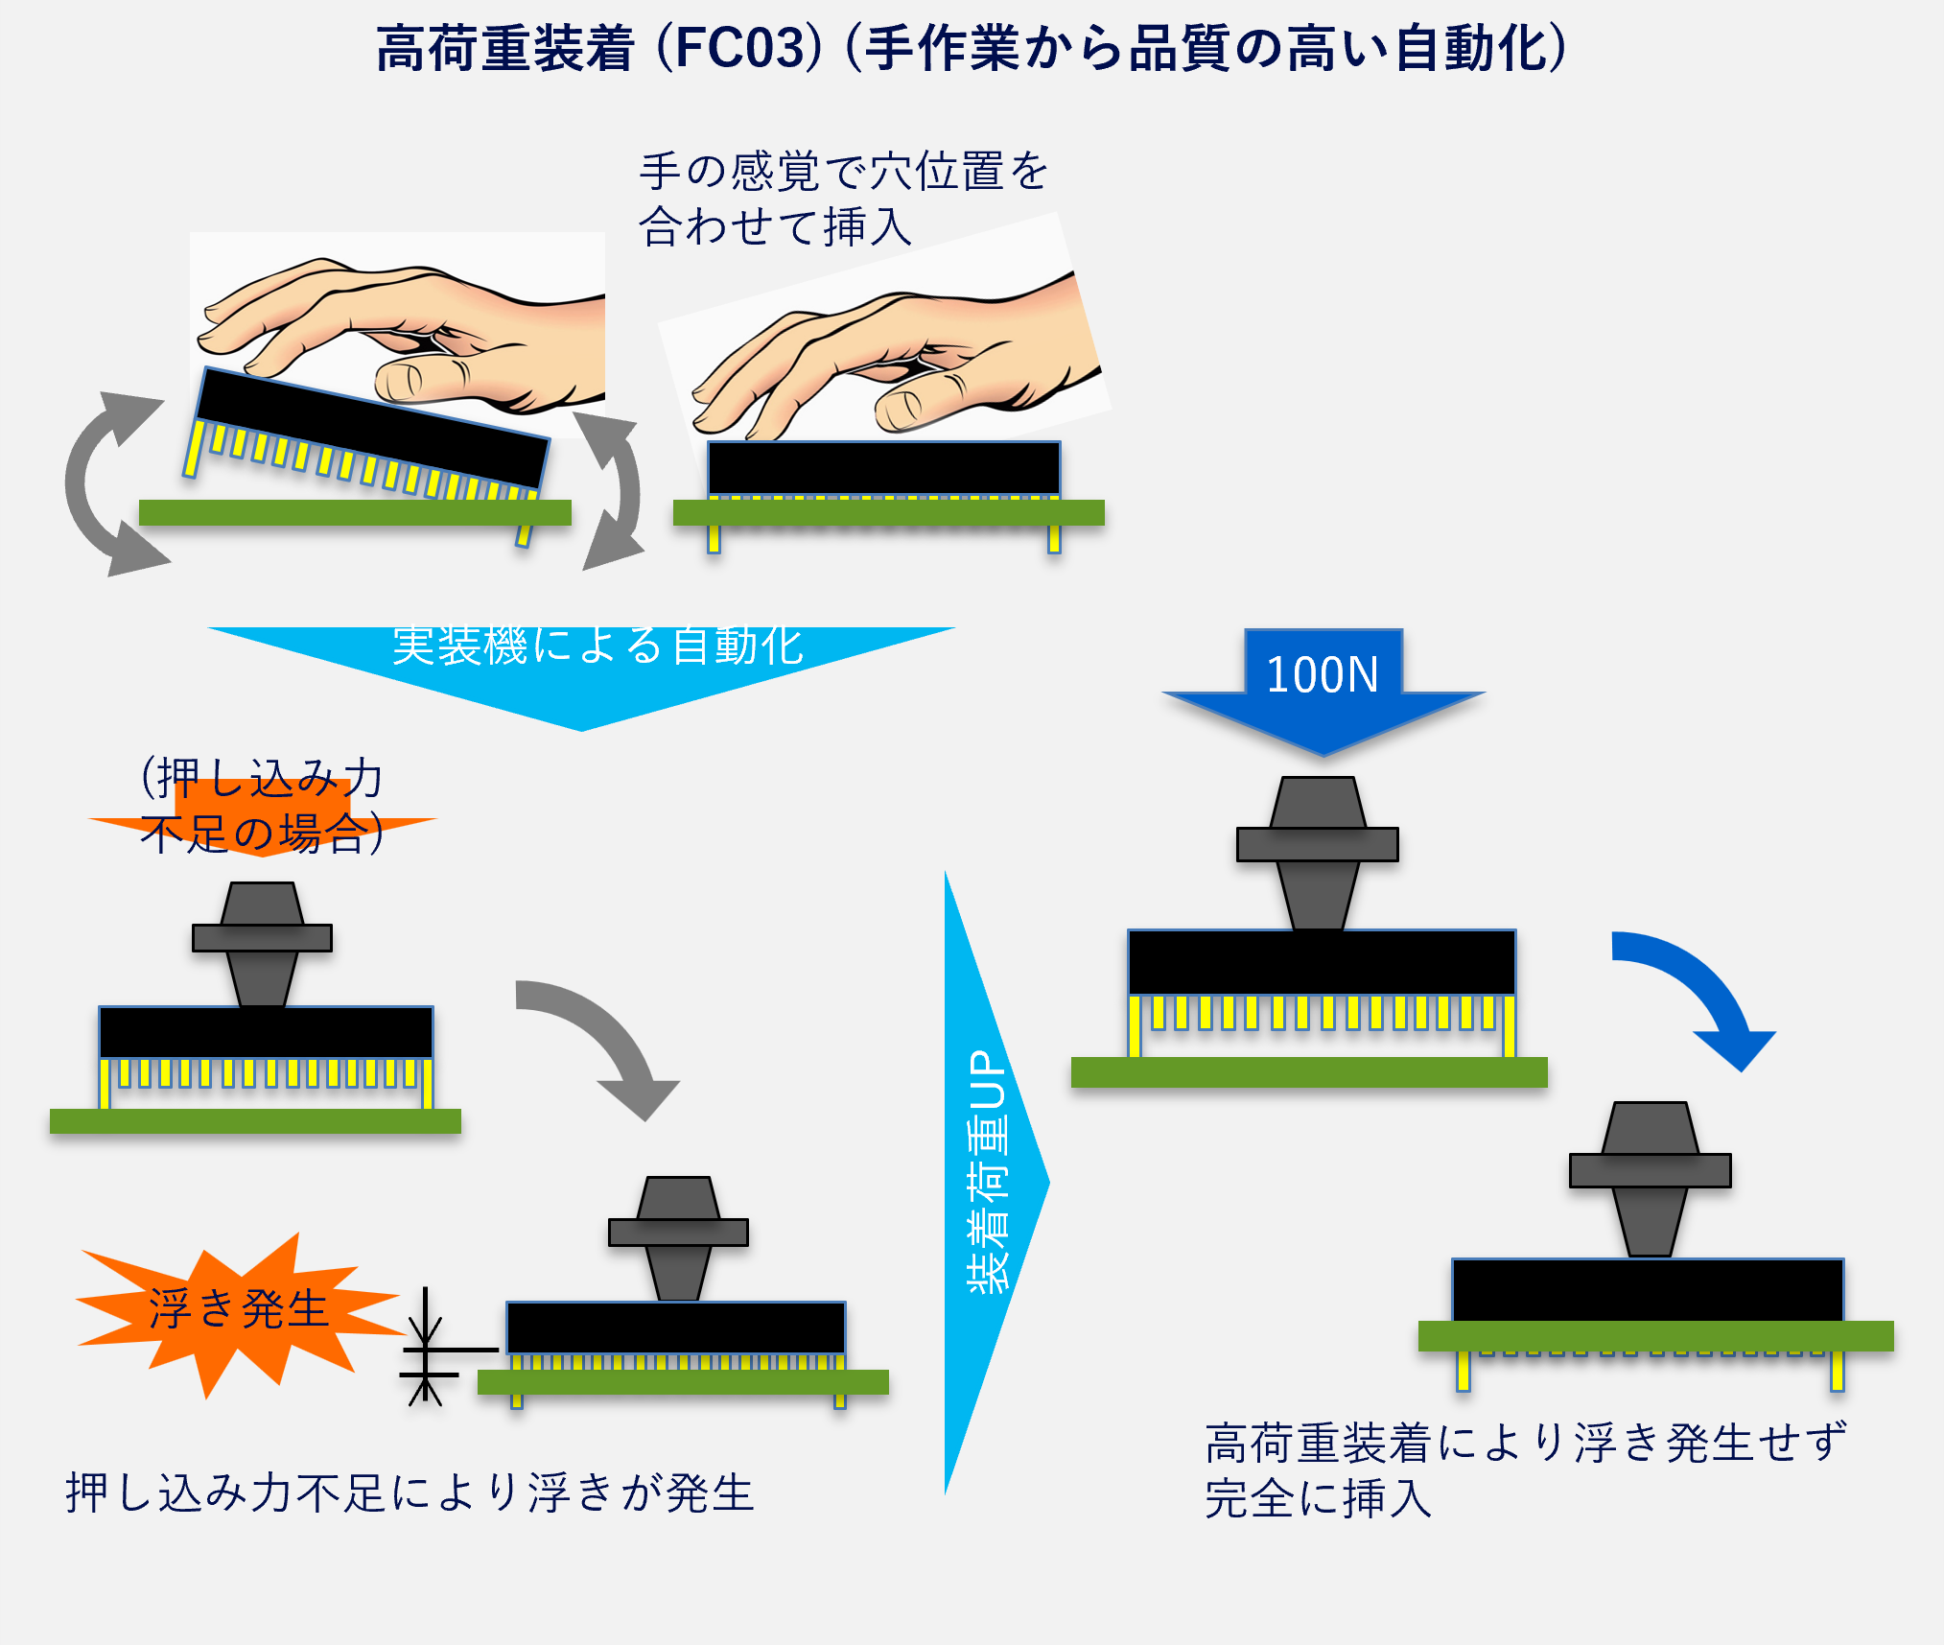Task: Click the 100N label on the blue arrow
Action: [x=1322, y=674]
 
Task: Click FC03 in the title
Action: [x=738, y=48]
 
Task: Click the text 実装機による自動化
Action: [x=597, y=646]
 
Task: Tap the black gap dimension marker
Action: [x=426, y=1348]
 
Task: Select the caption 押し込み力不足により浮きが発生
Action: [x=410, y=1493]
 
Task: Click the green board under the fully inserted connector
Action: [x=1655, y=1336]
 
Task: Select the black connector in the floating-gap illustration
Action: [x=675, y=1328]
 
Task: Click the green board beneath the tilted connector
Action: [x=355, y=513]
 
